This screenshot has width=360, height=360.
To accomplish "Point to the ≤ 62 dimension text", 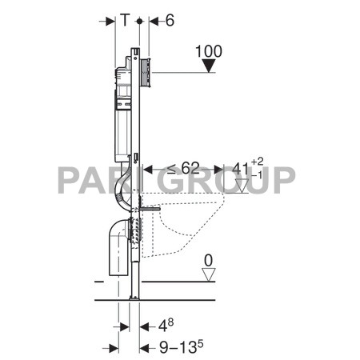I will (x=182, y=169).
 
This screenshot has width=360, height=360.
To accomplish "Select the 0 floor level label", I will (x=209, y=261).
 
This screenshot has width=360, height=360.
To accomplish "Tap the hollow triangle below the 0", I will (x=210, y=275).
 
